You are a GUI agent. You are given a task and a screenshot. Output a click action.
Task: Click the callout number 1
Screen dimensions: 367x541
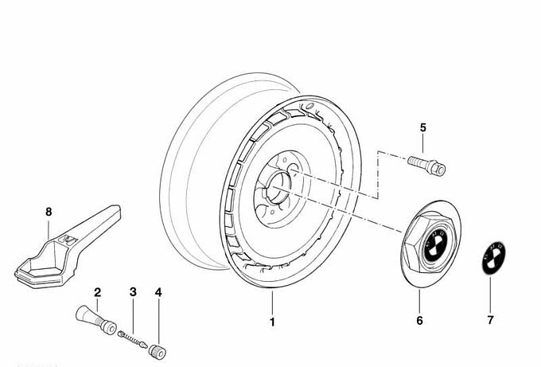[272, 322]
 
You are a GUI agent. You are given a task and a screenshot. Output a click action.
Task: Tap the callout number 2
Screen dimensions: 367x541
[97, 293]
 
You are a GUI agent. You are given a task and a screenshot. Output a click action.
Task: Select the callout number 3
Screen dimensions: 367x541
[134, 293]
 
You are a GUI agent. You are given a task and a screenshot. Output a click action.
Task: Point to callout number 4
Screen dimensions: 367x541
[158, 293]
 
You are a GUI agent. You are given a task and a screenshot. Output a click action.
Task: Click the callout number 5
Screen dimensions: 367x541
[423, 127]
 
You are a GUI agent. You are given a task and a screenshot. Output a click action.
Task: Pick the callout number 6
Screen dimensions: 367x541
[420, 321]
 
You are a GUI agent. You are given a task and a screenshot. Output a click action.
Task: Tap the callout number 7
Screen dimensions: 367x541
[490, 321]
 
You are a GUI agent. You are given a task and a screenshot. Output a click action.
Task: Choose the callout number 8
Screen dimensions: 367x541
[48, 212]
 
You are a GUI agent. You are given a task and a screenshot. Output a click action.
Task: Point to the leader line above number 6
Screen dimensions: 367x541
[420, 301]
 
